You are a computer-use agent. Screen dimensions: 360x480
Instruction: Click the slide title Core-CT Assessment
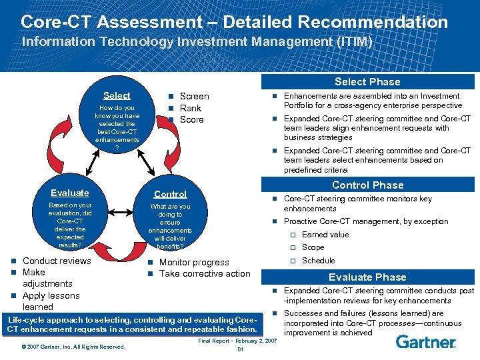tap(234, 21)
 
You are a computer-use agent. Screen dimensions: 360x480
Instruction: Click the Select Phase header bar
tap(367, 81)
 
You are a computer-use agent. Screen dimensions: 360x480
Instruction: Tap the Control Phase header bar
tap(367, 185)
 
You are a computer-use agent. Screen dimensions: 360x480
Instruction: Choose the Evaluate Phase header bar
tap(367, 277)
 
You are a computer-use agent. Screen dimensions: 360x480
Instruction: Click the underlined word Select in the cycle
tap(117, 95)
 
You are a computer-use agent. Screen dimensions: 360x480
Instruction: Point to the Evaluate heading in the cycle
tap(69, 192)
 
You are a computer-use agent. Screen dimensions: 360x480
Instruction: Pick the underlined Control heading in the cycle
tap(170, 194)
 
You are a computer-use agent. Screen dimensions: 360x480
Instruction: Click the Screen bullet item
tap(194, 96)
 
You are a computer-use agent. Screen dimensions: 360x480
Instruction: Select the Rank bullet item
tap(190, 108)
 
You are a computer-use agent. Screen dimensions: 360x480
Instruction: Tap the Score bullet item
tap(191, 119)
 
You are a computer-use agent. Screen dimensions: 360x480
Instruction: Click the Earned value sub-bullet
tap(325, 235)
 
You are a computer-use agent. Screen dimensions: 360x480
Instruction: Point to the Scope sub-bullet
tap(313, 247)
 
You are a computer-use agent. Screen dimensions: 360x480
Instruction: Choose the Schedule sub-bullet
tap(318, 261)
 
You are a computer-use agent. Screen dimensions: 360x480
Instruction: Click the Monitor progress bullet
tap(193, 262)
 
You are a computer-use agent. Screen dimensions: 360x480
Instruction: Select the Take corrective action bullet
tap(204, 273)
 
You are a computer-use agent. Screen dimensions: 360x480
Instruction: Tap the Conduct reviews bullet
tap(57, 261)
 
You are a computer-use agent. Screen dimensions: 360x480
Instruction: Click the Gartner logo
tap(425, 342)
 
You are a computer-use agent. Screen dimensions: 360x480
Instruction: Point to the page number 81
tap(241, 351)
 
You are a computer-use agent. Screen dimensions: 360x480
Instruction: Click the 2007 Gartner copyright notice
tap(73, 347)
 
